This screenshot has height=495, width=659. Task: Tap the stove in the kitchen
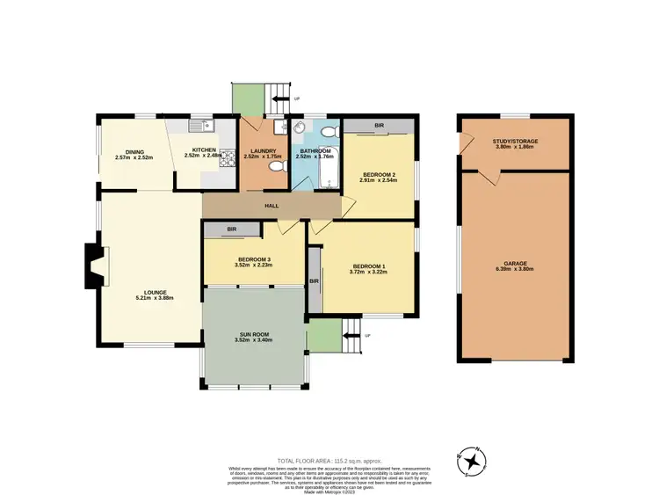[226, 159]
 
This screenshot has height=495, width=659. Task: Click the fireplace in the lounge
[92, 266]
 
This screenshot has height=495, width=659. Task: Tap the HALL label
[272, 207]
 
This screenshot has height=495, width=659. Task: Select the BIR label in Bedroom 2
[379, 127]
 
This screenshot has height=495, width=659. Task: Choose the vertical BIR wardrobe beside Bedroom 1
[313, 280]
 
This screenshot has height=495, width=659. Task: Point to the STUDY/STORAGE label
[515, 141]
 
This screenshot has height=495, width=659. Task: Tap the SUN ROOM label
[254, 335]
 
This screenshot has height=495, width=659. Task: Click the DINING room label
[134, 152]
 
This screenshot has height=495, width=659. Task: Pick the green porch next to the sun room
[324, 334]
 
